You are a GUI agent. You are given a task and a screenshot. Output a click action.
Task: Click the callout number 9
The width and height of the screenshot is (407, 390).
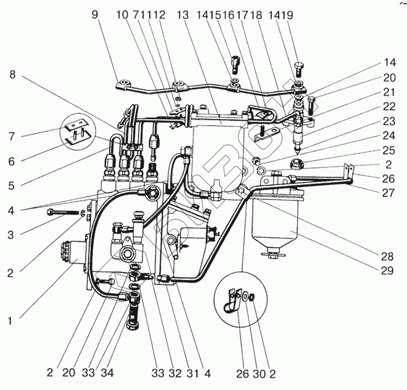point(95,14)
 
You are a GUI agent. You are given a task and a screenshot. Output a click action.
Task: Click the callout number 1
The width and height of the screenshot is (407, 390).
point(12,319)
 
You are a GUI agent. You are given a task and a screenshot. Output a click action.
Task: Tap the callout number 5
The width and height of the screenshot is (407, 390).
point(11,186)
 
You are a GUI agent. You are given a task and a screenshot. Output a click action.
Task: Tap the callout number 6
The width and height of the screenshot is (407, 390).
point(11,160)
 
